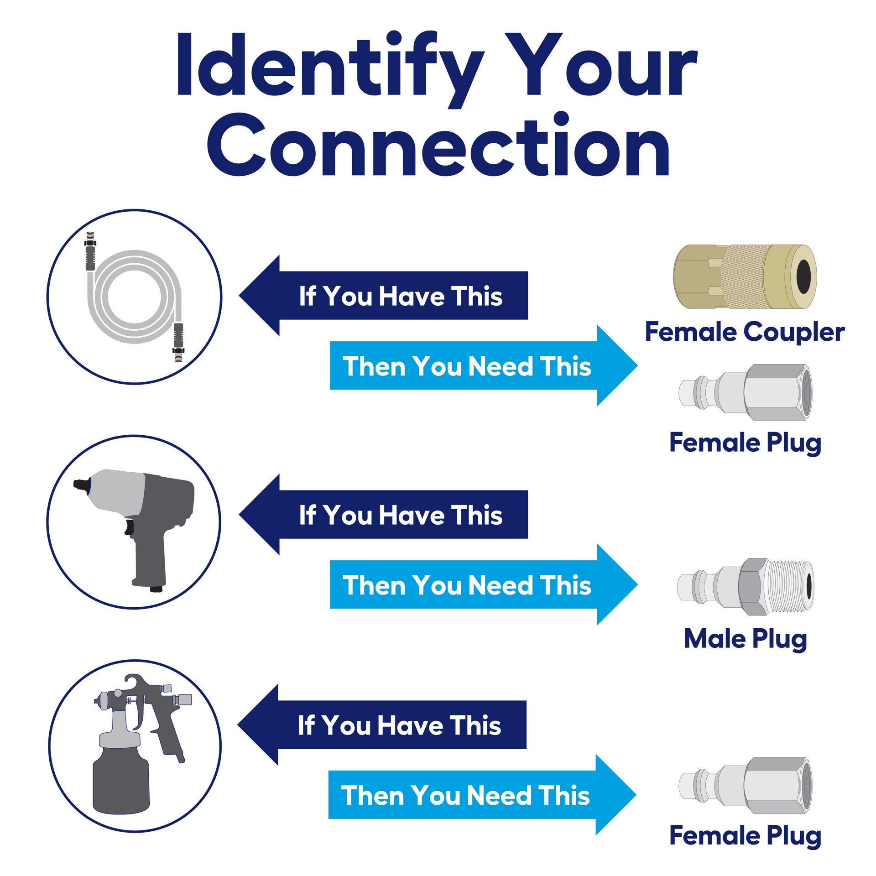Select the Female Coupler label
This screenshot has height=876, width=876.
(745, 332)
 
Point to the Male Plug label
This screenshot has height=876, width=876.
(745, 639)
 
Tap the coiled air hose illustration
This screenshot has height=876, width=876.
(135, 297)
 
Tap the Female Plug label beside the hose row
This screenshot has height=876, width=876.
(745, 443)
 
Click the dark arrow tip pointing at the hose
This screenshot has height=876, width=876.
(255, 296)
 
